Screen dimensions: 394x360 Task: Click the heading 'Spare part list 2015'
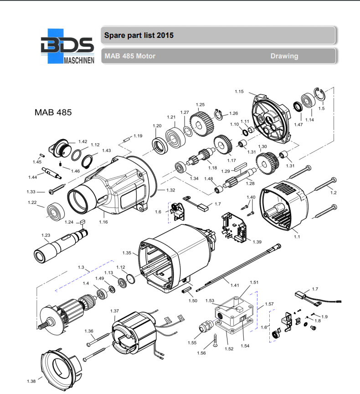pos(139,35)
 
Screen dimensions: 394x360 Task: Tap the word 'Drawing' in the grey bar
pos(284,56)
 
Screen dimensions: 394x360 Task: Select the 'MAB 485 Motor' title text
pos(130,56)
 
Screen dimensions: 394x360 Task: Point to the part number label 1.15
pos(239,92)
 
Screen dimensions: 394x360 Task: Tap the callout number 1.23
pos(46,235)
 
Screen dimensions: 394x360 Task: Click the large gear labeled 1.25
pos(201,124)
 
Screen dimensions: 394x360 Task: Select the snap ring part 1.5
pos(320,95)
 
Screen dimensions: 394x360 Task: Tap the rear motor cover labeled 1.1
pos(283,203)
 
